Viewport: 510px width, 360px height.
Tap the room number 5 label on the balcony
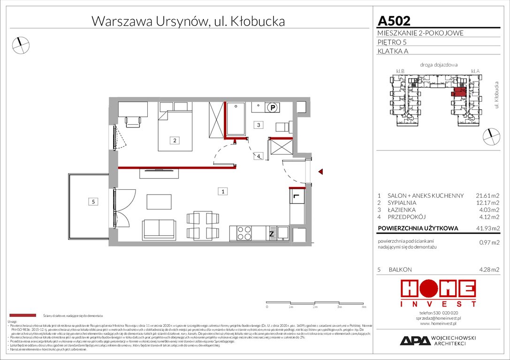(93, 202)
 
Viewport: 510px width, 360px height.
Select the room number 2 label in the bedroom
(174, 140)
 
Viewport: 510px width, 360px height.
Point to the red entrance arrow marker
(321, 172)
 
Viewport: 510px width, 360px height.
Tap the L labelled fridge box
(297, 196)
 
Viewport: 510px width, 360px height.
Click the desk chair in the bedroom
(133, 121)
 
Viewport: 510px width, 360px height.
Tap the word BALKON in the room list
(400, 270)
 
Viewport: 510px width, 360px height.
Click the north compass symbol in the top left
(20, 45)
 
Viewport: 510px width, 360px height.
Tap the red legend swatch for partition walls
(23, 315)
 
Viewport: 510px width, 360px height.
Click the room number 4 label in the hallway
(259, 156)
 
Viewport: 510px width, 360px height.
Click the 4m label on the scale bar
(364, 307)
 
